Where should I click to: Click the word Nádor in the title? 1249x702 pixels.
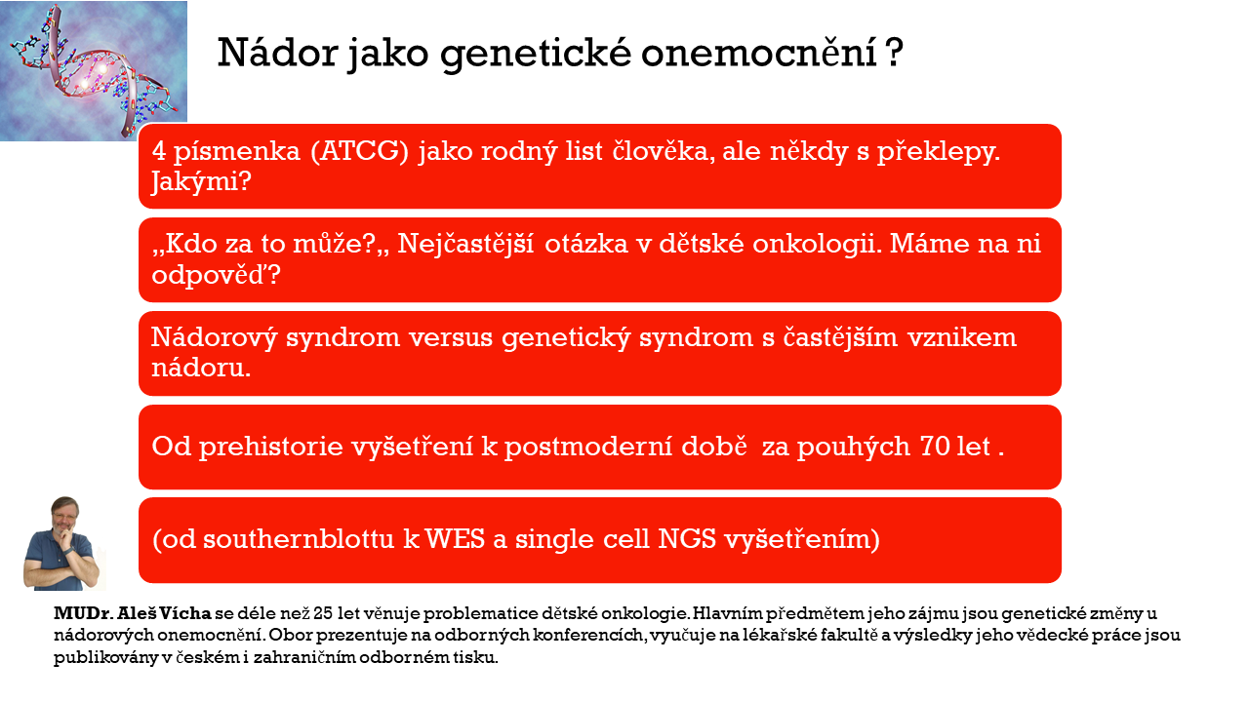tap(278, 53)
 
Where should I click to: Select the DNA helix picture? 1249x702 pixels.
tap(93, 70)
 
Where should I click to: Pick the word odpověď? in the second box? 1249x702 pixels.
tap(217, 275)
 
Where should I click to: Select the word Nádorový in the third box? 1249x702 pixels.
tap(214, 337)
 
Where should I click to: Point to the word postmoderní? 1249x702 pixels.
tap(587, 447)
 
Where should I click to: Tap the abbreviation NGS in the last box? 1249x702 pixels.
tap(687, 539)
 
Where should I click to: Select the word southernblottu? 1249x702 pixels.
tap(299, 539)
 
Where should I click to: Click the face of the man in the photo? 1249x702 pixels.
tap(64, 517)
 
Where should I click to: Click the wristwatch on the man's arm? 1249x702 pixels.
tap(69, 550)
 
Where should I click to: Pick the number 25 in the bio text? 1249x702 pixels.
tap(323, 613)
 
